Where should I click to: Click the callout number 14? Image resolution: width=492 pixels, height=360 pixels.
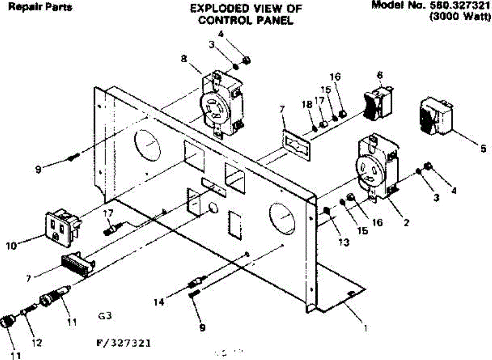pyautogui.click(x=159, y=302)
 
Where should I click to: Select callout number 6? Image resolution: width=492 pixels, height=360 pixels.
pyautogui.click(x=380, y=75)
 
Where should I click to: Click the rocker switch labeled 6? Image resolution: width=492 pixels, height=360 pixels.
pyautogui.click(x=378, y=100)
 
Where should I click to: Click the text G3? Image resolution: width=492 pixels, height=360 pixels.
pyautogui.click(x=105, y=316)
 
